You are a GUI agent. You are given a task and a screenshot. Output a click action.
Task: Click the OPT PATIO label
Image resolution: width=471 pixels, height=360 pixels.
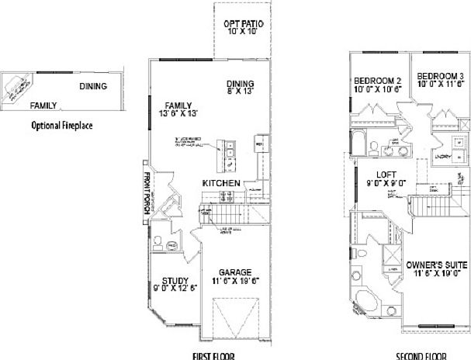click(x=243, y=24)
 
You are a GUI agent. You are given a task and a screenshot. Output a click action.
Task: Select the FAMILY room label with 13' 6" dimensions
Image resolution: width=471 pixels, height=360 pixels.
click(x=178, y=106)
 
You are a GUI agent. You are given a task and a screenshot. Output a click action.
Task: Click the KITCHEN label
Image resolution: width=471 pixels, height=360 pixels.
click(x=220, y=182)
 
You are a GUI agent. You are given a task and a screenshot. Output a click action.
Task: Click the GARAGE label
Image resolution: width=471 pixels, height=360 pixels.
click(x=234, y=272)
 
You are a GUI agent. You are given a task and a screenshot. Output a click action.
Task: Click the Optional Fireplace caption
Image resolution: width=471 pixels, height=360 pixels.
click(x=62, y=124)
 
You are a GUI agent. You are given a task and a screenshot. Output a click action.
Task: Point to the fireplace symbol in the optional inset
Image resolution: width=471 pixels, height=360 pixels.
click(x=19, y=87)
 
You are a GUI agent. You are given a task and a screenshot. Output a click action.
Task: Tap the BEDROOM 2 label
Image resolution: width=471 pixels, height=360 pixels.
click(x=377, y=80)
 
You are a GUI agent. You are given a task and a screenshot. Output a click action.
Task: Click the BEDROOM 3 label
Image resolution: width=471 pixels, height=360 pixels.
click(x=440, y=76)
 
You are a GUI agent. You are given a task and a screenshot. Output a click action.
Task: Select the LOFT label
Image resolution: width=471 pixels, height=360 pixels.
click(x=382, y=175)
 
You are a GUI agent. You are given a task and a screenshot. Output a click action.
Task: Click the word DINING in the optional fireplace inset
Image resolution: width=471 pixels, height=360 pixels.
click(x=92, y=87)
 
